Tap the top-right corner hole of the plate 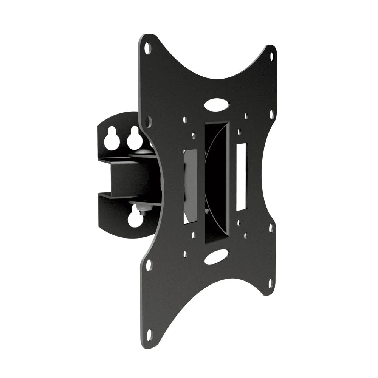[271, 57]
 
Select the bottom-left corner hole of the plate [149, 333]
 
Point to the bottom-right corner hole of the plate [271, 283]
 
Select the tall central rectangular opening [217, 181]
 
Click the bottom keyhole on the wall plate [135, 219]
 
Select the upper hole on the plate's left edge [148, 121]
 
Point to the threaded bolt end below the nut [144, 212]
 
